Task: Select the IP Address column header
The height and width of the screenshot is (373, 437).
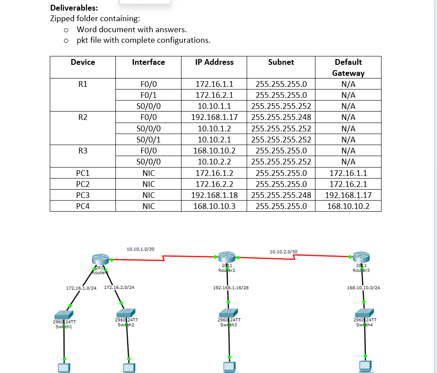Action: coord(214,62)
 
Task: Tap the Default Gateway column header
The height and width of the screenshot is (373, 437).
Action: coord(348,67)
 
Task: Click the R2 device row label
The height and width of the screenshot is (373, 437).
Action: coord(82,117)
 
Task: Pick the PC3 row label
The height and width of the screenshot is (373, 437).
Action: coord(82,195)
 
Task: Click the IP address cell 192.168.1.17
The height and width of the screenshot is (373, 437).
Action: coord(214,117)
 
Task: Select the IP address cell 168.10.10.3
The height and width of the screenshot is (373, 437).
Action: coord(214,206)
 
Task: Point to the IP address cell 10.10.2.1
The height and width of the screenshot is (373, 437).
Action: coord(214,139)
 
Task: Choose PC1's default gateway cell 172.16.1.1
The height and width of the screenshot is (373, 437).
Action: coord(348,173)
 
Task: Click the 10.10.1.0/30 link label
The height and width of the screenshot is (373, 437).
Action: coord(140,249)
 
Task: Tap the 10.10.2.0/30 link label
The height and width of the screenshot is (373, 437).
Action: coord(283,252)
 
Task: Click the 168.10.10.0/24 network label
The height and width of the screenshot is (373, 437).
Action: coord(363,287)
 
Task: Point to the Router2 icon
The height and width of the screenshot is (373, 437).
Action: coord(227,257)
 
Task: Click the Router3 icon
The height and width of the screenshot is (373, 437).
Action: coord(361,257)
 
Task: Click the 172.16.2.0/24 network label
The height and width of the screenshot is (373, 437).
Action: coord(119,287)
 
